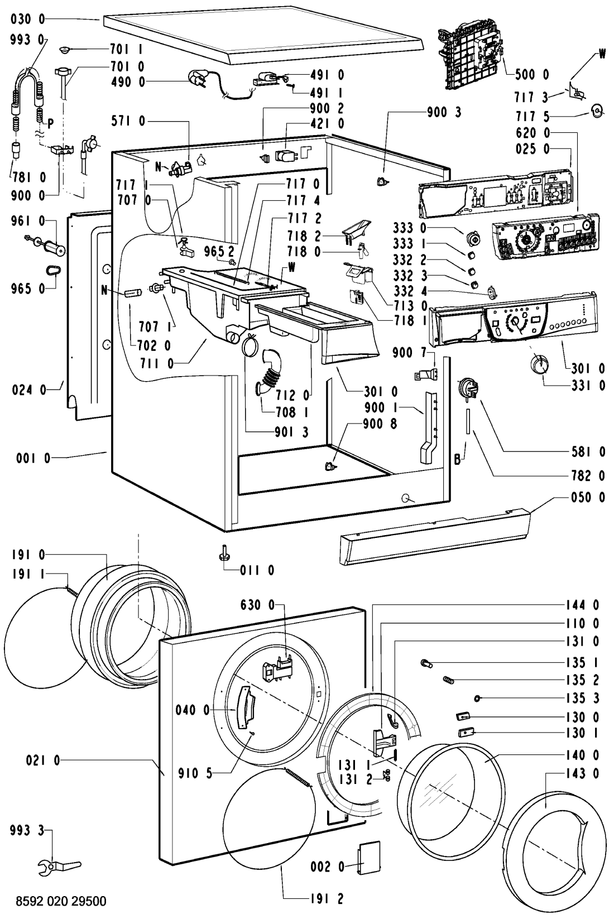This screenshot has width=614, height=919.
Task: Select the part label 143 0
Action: (x=587, y=773)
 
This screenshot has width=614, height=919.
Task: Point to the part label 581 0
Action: (x=587, y=452)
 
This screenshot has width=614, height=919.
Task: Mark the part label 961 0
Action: (x=27, y=222)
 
